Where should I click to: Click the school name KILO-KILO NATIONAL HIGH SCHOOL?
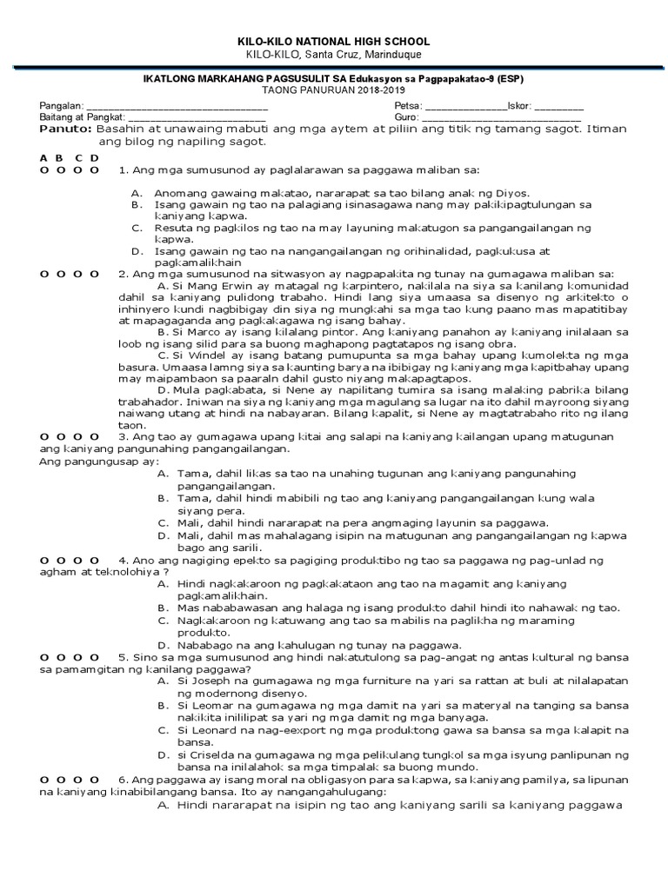click(334, 42)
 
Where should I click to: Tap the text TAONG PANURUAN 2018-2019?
click(334, 90)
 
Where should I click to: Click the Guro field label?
click(406, 117)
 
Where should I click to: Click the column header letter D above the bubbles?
click(95, 157)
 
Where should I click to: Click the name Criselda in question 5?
click(215, 755)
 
